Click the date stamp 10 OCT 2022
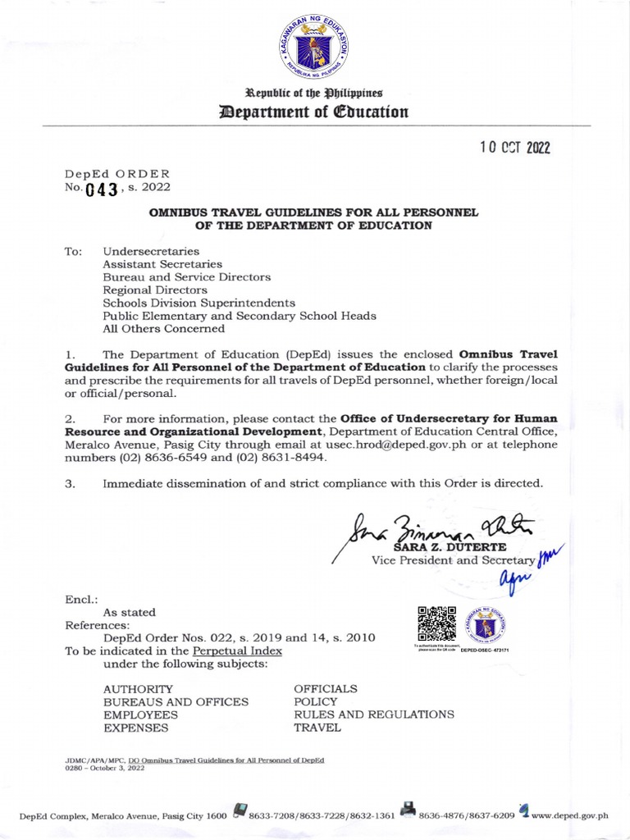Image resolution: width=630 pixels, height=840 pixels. pos(514,148)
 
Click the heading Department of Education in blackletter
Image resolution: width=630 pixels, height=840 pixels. pos(315,112)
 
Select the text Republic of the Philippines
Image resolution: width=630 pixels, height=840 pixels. pos(315,93)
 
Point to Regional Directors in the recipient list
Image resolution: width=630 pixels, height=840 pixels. pos(155,290)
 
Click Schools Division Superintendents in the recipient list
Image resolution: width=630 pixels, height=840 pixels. pos(199,302)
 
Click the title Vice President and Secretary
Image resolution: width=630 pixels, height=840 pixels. pos(454,560)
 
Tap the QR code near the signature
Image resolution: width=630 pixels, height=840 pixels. pos(436,623)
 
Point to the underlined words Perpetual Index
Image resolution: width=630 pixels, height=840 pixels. pos(237,651)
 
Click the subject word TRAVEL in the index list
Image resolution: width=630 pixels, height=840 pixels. pos(317,728)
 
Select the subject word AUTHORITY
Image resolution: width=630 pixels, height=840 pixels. pos(138,688)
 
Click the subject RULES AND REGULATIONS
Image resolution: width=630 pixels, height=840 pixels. pos(374,714)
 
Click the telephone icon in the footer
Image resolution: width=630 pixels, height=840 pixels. pos(240,812)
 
